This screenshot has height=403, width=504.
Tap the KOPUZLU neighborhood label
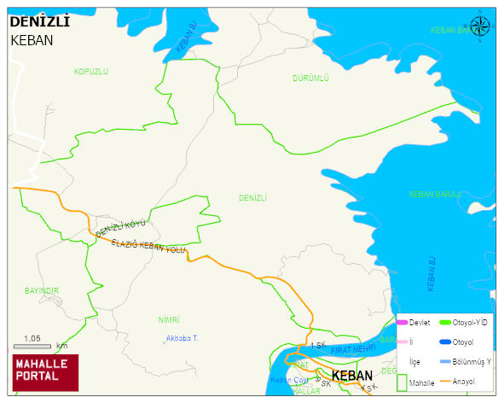91,72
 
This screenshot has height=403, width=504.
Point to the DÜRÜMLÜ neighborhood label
310,78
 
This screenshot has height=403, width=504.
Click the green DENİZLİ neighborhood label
253,198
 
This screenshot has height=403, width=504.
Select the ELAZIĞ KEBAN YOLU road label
148,247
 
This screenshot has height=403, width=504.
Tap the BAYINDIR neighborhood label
42,291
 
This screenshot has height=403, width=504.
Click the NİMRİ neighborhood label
169,319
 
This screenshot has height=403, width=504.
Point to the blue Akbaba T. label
181,339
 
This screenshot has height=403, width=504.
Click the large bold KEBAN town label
352,376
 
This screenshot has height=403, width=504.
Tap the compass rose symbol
481,26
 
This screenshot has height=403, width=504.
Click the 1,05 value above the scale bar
33,338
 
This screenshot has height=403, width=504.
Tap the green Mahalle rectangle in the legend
402,383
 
